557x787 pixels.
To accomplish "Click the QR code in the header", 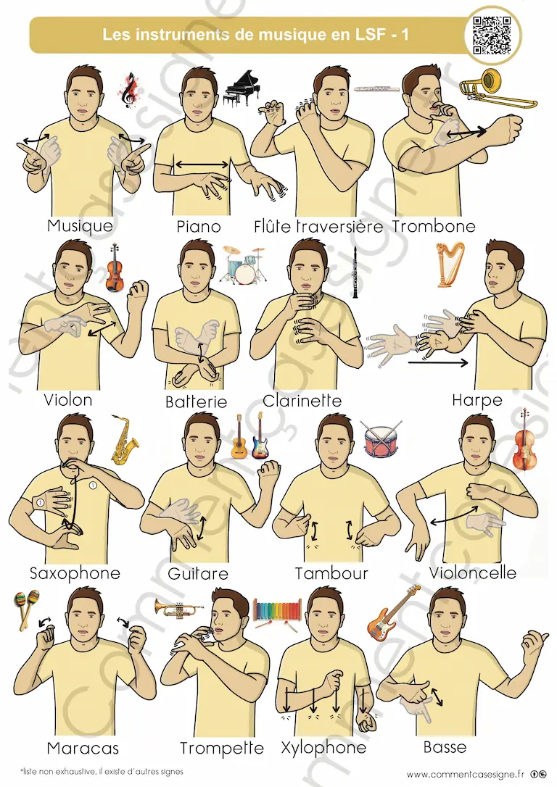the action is click(492, 35).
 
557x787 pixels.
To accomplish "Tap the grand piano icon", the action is click(242, 88).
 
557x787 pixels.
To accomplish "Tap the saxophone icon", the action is click(124, 440).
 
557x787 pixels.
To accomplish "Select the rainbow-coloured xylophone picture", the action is click(277, 613).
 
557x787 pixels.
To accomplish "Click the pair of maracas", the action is click(27, 608).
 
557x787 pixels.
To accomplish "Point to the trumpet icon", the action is click(179, 608).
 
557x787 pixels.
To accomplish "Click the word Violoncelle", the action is click(473, 572).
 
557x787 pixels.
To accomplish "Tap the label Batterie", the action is click(196, 401).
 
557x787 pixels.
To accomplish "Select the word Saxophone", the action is click(75, 574).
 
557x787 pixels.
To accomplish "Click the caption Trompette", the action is click(222, 749).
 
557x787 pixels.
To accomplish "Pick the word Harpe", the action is click(477, 400).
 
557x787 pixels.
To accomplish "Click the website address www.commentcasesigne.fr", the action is click(465, 775).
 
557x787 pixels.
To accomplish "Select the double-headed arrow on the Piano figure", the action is click(202, 164).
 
